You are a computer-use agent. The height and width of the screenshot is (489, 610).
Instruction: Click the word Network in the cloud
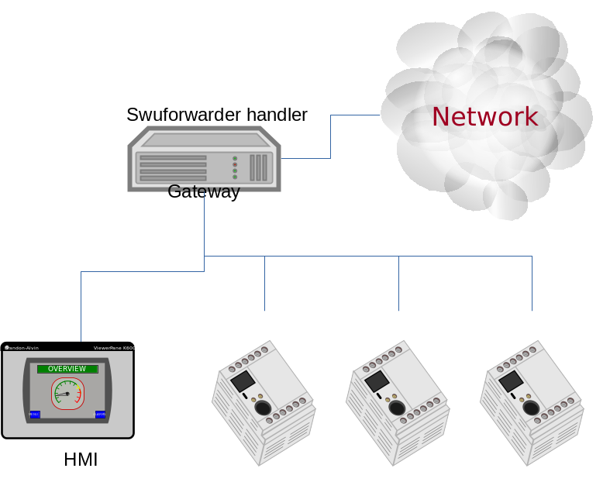coord(484,116)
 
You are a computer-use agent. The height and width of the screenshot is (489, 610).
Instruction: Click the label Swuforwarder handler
coord(217,115)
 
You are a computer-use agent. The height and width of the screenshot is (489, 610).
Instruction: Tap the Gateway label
coord(204,191)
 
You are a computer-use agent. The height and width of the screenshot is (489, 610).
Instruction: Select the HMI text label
coord(81,460)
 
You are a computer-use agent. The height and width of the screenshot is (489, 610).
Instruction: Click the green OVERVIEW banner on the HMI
coord(67,369)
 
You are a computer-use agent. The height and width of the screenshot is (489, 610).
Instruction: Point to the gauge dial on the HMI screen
coord(67,394)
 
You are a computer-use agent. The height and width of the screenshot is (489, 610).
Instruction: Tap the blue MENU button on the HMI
coord(35,415)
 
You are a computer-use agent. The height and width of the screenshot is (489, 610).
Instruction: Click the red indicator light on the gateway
coord(235,164)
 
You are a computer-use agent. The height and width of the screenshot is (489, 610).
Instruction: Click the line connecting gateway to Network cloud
coord(331,136)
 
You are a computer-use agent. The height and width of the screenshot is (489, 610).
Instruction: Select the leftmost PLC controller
coord(264,403)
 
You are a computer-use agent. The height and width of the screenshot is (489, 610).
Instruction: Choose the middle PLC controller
coord(398,403)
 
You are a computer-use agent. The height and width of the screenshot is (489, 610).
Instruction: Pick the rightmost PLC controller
coord(532,403)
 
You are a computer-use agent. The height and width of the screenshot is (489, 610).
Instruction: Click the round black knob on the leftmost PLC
coord(264,408)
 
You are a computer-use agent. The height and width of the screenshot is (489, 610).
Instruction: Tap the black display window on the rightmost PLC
coord(511,381)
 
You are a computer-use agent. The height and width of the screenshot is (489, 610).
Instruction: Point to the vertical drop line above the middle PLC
coord(398,283)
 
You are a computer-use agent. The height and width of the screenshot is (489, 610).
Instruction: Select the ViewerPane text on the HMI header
coord(113,348)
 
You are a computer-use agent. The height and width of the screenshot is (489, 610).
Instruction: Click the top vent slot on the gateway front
coord(173,157)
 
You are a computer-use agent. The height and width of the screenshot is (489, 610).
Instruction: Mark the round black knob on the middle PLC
coord(397,408)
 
